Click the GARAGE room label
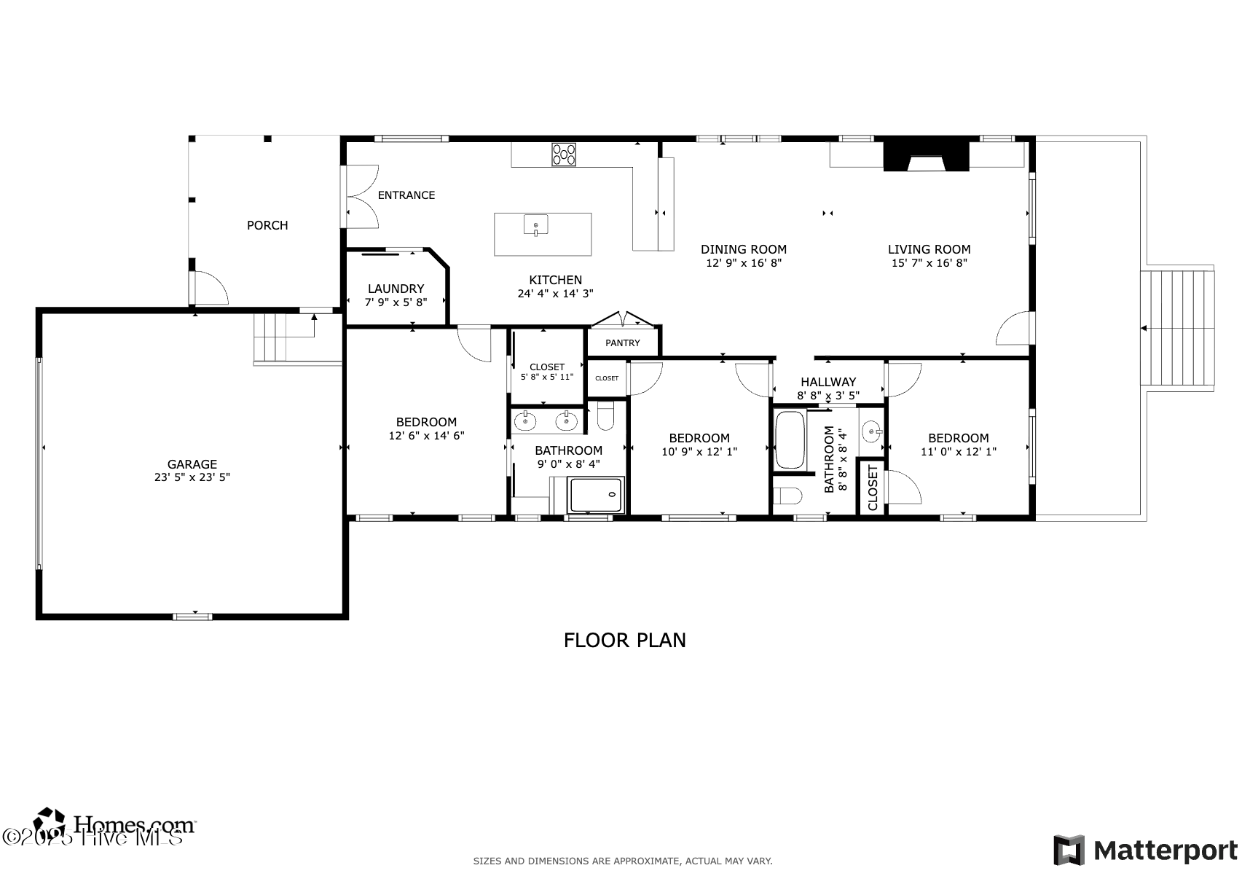click(x=192, y=464)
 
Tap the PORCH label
click(x=267, y=225)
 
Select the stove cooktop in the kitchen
click(x=564, y=155)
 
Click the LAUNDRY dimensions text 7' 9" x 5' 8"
click(x=396, y=302)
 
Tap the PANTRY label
click(x=623, y=343)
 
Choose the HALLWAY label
click(x=828, y=382)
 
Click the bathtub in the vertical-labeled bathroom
click(x=790, y=439)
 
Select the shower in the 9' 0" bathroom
click(x=596, y=495)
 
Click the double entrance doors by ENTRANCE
click(x=361, y=195)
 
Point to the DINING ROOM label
click(x=744, y=249)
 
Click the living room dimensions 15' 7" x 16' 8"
click(x=929, y=263)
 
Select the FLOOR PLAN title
click(x=624, y=640)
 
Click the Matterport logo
click(x=1145, y=850)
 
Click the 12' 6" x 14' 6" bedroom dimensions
click(x=426, y=436)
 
